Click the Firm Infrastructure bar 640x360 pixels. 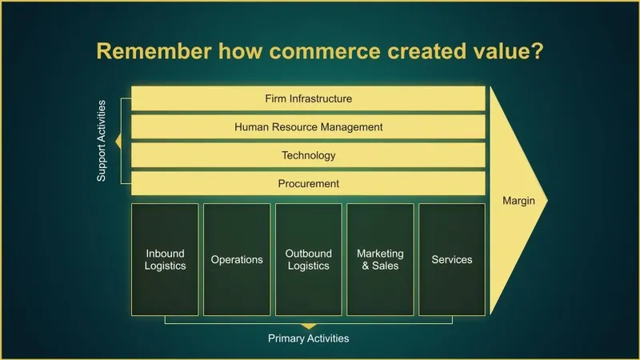tap(308, 98)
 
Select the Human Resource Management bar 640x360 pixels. tap(308, 126)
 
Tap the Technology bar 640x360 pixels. tap(308, 155)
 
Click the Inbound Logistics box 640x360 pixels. tap(166, 259)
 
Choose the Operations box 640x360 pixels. tap(237, 259)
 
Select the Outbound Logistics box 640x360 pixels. tap(308, 259)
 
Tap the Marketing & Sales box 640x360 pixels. tap(380, 259)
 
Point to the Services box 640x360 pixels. tap(451, 259)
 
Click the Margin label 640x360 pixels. tap(518, 201)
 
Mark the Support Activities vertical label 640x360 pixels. tap(102, 142)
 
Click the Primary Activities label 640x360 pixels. tap(308, 338)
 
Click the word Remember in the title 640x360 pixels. tap(146, 52)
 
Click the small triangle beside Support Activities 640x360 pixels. tap(118, 142)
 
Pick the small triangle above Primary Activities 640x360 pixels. tap(308, 326)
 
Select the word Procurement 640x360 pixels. tap(308, 183)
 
